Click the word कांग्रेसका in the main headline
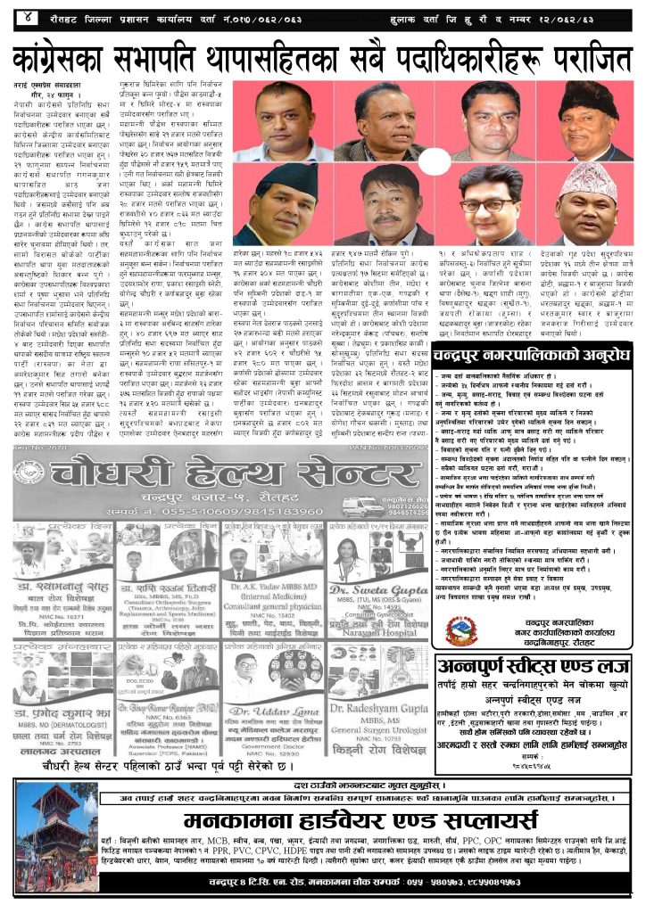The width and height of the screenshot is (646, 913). pos(81,59)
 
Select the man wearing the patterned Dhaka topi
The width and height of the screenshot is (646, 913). pos(587,203)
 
